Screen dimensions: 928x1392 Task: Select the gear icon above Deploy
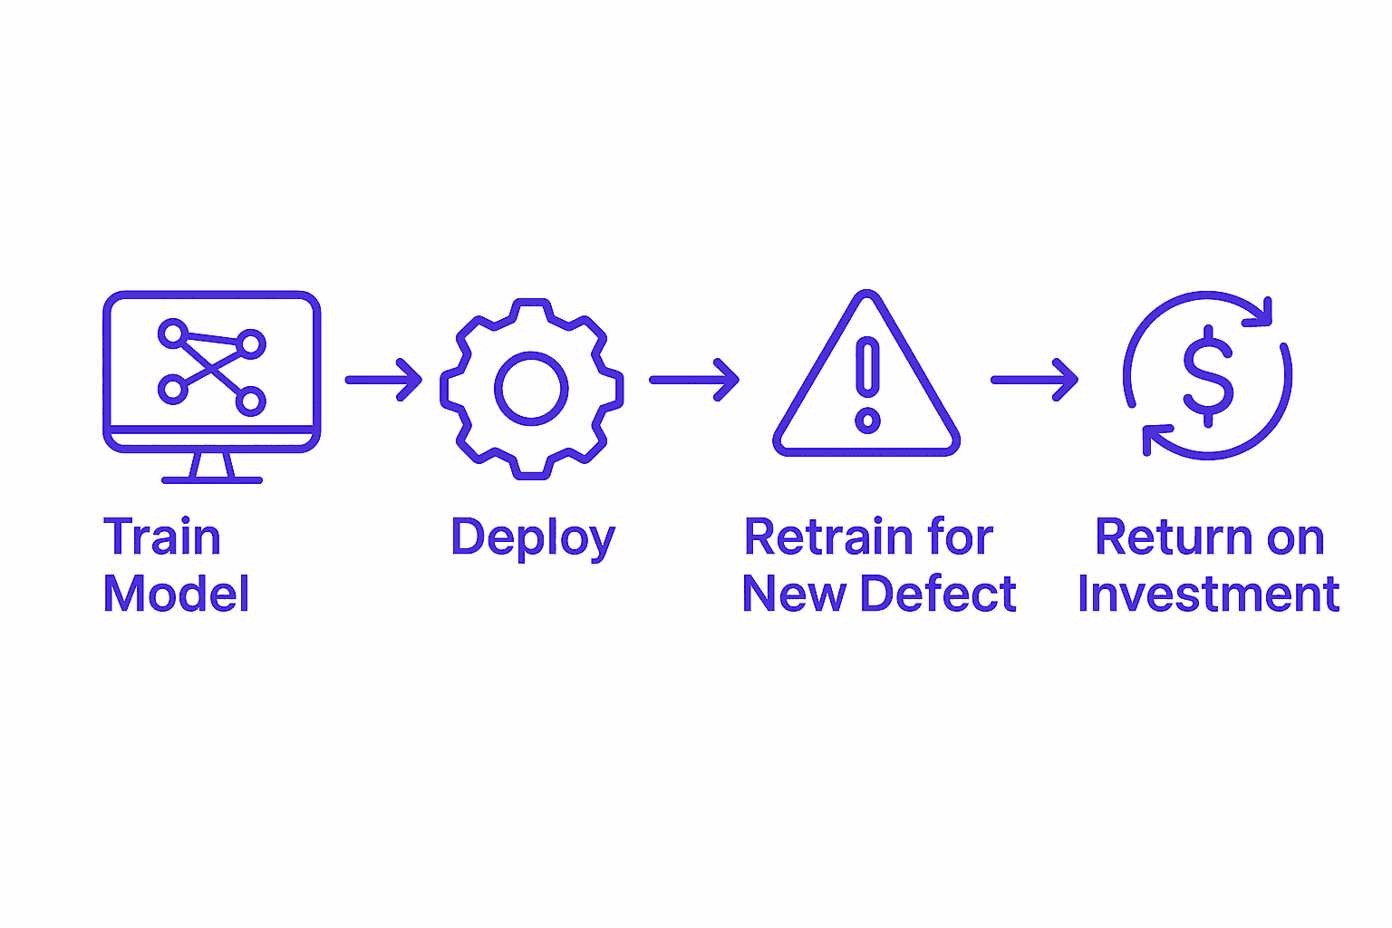[531, 388]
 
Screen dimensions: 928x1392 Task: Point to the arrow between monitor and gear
[383, 380]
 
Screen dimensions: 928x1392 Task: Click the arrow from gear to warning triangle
[694, 380]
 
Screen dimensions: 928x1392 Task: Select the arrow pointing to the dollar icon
[1034, 380]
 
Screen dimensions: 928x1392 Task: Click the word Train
[162, 537]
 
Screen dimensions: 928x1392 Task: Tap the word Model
[176, 594]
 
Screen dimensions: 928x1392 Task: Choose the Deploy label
[533, 538]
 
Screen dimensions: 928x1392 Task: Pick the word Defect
[938, 594]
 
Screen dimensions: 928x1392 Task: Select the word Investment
[1208, 594]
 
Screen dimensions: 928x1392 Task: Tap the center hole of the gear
[531, 389]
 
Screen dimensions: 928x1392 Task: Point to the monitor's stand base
[212, 478]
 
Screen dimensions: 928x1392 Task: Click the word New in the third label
[793, 594]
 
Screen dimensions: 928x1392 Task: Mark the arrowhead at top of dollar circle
[1261, 314]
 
